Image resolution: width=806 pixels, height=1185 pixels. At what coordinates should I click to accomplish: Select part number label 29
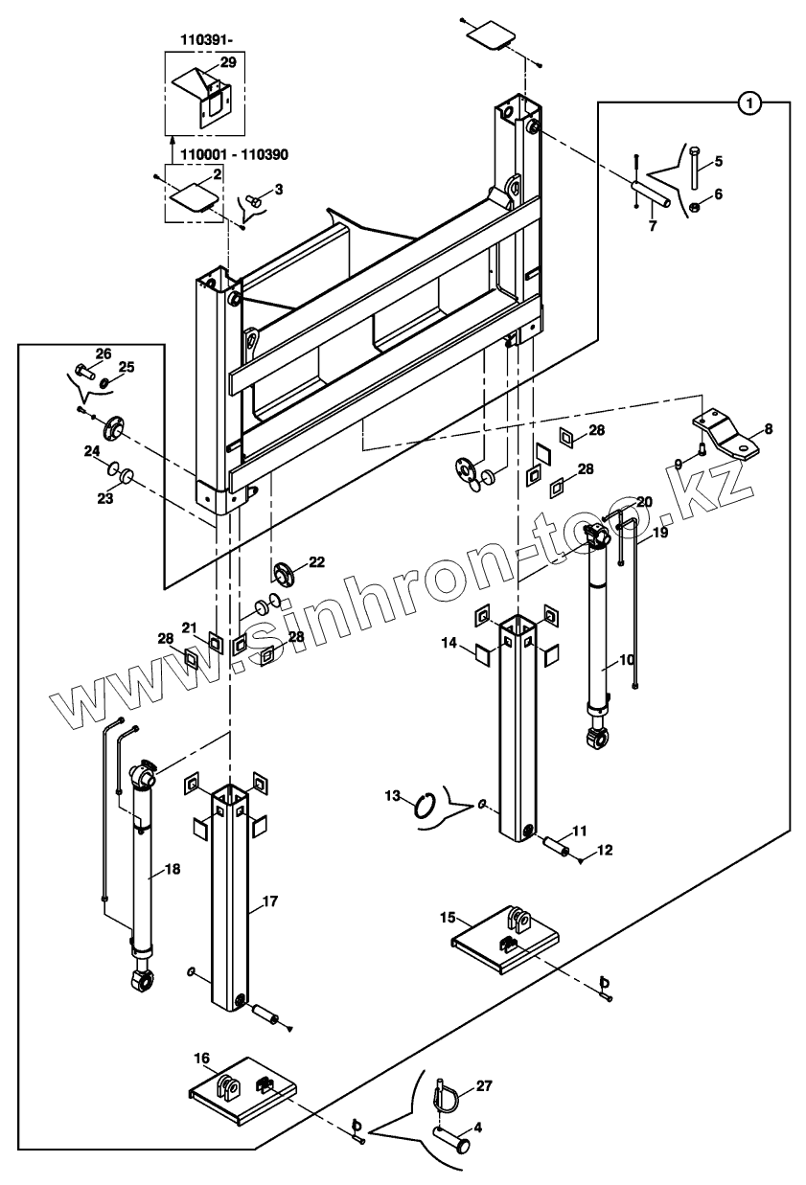pyautogui.click(x=227, y=62)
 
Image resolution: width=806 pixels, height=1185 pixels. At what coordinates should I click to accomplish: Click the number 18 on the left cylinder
pyautogui.click(x=173, y=869)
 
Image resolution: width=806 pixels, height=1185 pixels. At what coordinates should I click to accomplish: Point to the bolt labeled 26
pyautogui.click(x=80, y=369)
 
